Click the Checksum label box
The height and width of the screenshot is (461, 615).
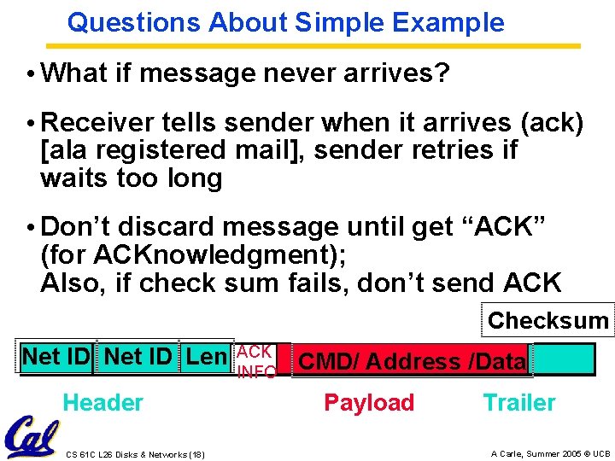[x=548, y=321]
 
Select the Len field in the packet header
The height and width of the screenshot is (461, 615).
[x=206, y=356]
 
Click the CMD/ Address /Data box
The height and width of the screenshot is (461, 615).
[x=411, y=361]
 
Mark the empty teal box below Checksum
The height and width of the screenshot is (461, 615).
[x=563, y=359]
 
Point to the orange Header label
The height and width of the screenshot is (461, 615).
[x=102, y=403]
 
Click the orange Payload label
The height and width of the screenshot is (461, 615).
[x=369, y=403]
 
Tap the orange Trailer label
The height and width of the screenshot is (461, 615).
[x=518, y=403]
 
